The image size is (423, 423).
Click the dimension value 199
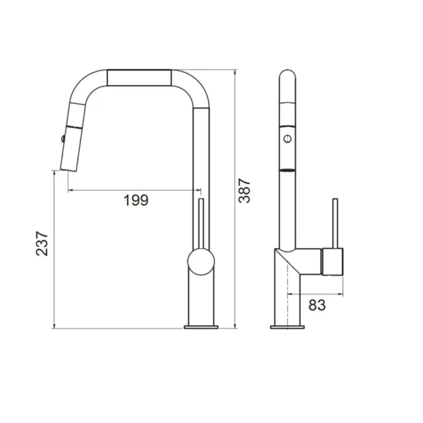[x=135, y=200]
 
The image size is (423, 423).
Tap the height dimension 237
[x=43, y=244]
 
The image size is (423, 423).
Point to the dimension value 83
[x=317, y=305]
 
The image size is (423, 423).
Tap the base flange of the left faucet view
[x=202, y=327]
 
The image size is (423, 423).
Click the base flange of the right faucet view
[x=288, y=327]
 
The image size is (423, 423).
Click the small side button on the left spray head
[x=63, y=138]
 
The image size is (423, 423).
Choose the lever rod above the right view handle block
[x=333, y=223]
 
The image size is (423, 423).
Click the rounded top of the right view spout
[x=288, y=74]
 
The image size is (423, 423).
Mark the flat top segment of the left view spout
[x=139, y=77]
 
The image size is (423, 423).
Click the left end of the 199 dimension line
[x=68, y=190]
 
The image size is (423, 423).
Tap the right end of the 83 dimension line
[x=344, y=293]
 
